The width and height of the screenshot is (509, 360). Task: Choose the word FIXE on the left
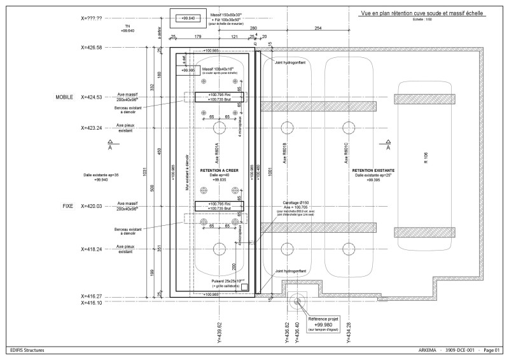point(67,206)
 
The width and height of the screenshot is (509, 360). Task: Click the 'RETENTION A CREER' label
point(219,170)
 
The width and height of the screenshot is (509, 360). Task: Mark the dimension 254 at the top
point(317,29)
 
